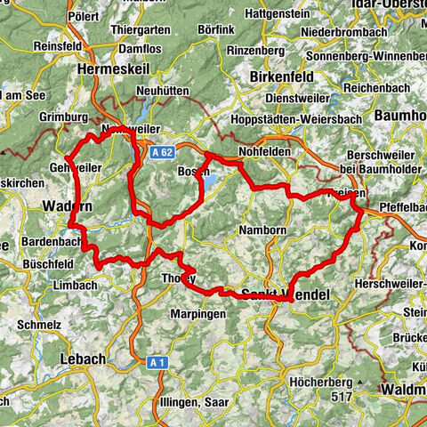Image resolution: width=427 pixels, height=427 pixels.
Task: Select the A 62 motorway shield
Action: pyautogui.click(x=160, y=153)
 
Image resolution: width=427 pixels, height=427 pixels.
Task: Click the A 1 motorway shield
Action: pyautogui.click(x=157, y=362)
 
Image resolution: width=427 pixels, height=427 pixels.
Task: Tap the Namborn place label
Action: pyautogui.click(x=261, y=230)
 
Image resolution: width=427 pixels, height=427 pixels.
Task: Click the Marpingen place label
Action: pyautogui.click(x=198, y=312)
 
